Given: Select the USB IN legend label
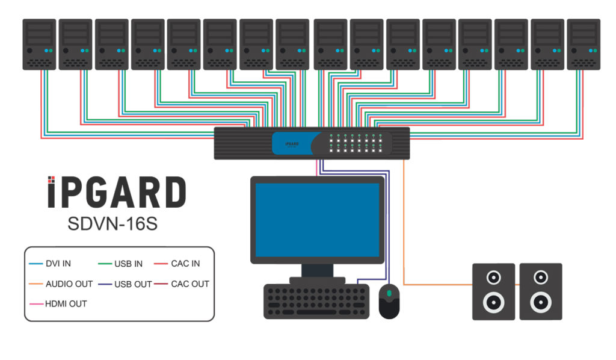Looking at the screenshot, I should point(129,264).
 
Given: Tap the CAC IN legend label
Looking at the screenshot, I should point(186,264).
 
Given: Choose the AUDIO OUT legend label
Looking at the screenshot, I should point(69,284).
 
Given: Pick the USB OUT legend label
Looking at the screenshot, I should point(132,284).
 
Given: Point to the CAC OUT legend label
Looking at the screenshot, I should point(190,284).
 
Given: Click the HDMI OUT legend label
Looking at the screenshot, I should point(66,303).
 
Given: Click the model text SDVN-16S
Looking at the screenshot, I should point(112,224).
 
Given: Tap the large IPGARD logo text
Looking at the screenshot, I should point(117,193).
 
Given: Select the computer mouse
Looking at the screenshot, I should point(389,301).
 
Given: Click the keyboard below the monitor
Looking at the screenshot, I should point(316,302).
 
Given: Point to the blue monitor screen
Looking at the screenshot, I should point(317,219).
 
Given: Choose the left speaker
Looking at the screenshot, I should point(493,291).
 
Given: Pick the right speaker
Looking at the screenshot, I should point(541,291).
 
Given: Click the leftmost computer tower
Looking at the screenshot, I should point(39,44).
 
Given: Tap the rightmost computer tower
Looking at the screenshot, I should point(584,44).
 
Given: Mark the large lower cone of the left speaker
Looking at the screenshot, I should point(493,301).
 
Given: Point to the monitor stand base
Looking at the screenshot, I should point(317,281).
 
